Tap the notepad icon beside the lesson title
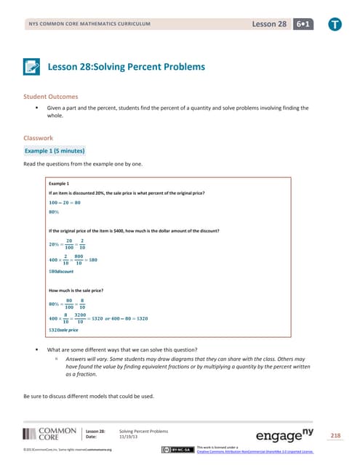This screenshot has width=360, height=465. [x=31, y=67]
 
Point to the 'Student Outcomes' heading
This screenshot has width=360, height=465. [x=52, y=96]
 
